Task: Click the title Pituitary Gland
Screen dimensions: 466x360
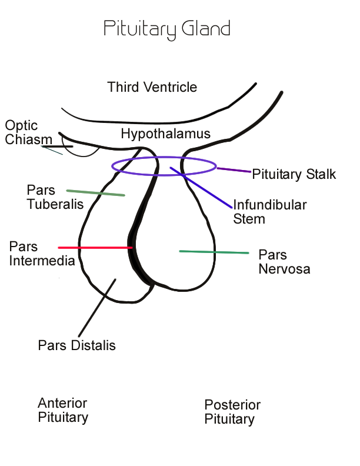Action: pos(166,29)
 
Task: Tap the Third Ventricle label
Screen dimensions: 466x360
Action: pos(152,88)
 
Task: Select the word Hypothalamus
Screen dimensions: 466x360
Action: pos(165,134)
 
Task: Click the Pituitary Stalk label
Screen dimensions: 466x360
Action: pos(294,174)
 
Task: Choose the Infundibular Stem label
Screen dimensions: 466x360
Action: pos(269,212)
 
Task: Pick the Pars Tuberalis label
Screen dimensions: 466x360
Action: pos(55,197)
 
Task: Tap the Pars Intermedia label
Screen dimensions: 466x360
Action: pos(42,253)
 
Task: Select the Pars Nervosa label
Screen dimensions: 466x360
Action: pos(284,262)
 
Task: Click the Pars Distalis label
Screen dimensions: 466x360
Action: pos(76,345)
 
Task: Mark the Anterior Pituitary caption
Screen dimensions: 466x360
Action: pos(63,410)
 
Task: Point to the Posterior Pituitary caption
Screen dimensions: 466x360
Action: pos(232,412)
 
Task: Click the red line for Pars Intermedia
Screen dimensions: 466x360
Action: pos(94,248)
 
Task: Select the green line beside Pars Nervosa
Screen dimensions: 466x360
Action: pos(214,252)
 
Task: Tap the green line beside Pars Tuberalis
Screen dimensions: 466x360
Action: pos(95,193)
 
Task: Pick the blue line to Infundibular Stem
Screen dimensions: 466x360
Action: pos(203,188)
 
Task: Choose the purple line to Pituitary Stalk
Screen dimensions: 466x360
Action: pos(234,170)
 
